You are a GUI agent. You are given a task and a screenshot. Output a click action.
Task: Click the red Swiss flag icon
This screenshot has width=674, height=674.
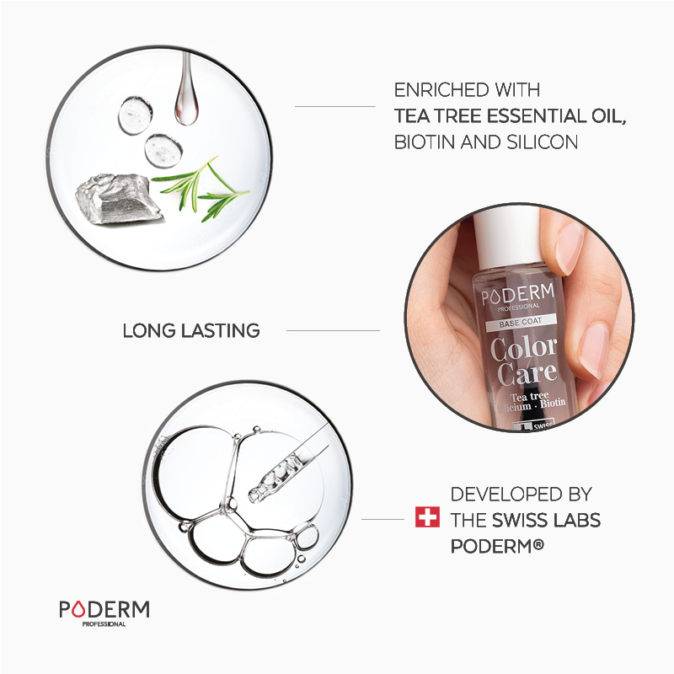point(427,516)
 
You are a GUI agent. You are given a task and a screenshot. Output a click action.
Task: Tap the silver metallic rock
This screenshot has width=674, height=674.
point(118,199)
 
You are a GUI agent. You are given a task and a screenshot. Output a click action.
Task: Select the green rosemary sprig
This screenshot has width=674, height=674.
point(201,189)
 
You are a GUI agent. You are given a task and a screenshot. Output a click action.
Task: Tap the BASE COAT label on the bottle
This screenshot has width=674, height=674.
point(521,323)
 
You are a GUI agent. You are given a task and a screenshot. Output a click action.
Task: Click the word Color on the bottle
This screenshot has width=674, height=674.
point(523,348)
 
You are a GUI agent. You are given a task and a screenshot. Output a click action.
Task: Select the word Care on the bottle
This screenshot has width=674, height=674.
point(527,373)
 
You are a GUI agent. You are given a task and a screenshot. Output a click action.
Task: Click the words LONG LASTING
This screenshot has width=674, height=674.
point(191,330)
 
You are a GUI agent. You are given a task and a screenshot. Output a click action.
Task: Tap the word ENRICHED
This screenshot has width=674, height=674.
point(441,90)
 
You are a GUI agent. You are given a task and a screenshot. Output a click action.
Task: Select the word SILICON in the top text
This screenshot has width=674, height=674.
point(542,142)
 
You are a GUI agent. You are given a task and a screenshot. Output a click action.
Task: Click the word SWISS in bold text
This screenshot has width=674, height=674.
point(519,520)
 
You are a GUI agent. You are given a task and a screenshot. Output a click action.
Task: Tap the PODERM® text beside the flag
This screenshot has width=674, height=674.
point(497,546)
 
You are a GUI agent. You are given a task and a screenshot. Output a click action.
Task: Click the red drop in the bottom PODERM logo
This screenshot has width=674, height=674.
point(78,609)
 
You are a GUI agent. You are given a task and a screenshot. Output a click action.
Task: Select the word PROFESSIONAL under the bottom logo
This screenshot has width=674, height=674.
point(104,624)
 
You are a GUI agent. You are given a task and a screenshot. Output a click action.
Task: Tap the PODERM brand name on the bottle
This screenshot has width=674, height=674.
point(518,296)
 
